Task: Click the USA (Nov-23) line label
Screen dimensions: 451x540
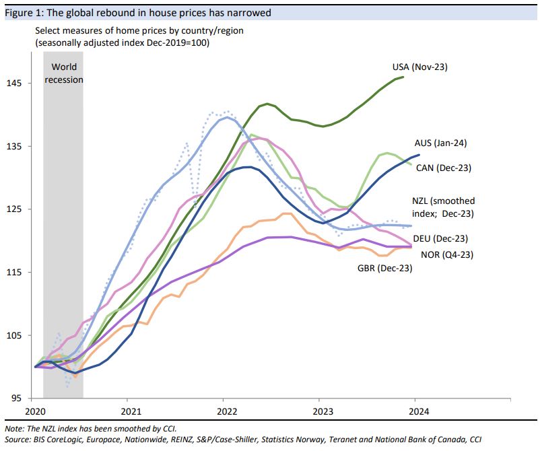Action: point(419,67)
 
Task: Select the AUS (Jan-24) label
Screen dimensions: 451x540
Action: point(440,143)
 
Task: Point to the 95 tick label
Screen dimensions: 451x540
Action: point(15,398)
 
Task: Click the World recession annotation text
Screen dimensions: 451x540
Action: point(63,73)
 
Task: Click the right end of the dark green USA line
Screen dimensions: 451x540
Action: point(403,77)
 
